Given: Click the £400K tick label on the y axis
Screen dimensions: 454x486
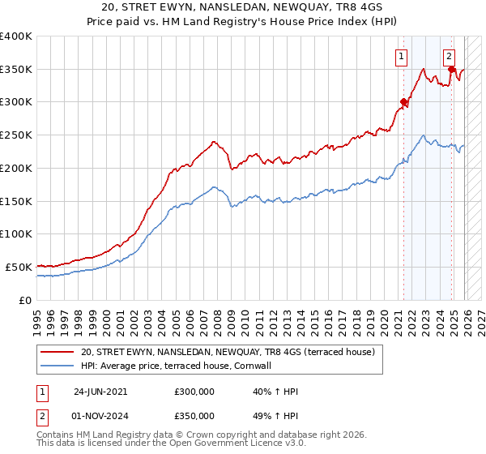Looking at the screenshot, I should pos(16,36).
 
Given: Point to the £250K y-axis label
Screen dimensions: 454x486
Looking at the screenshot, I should pos(16,135).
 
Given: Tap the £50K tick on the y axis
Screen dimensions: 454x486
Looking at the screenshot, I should pos(19,267).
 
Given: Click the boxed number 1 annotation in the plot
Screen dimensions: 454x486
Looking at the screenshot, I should pos(401,56).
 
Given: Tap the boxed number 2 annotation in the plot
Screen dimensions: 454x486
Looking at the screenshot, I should pos(449,56).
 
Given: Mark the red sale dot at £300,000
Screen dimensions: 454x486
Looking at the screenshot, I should pos(403,102).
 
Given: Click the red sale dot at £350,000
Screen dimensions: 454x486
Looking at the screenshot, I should pos(451,70).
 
